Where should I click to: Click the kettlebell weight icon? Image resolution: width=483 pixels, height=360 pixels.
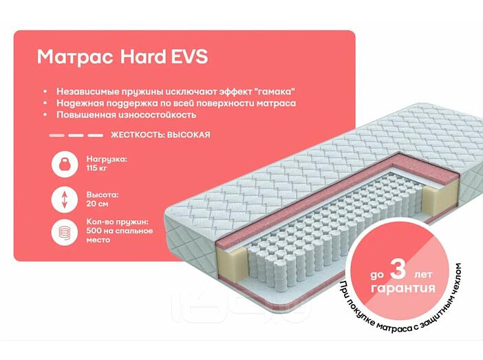64,165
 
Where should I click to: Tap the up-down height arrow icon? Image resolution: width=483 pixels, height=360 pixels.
64,200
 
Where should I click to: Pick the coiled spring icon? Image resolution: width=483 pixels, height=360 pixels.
64,233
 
